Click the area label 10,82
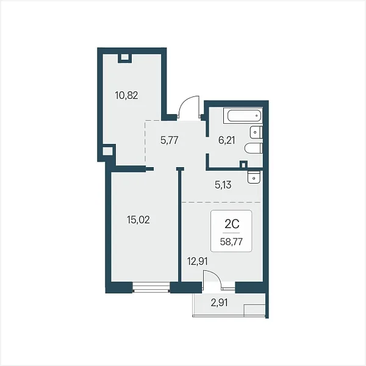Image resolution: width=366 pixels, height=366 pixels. [x=126, y=96]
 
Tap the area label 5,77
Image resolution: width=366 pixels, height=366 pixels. [x=170, y=140]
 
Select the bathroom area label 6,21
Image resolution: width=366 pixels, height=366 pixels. [x=227, y=140]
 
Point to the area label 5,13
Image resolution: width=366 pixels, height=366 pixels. [x=223, y=185]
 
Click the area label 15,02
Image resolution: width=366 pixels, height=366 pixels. [x=138, y=220]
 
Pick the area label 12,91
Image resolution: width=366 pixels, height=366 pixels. [x=198, y=262]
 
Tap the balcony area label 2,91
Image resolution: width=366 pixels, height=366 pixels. [x=219, y=303]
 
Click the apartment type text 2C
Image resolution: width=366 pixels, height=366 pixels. [x=232, y=224]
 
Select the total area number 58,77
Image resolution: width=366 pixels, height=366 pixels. [x=231, y=242]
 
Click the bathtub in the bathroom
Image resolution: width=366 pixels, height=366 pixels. [x=243, y=115]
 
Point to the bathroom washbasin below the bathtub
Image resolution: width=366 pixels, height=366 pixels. [x=256, y=132]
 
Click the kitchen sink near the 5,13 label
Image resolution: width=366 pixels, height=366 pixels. [x=254, y=178]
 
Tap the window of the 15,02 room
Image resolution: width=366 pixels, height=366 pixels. [x=151, y=287]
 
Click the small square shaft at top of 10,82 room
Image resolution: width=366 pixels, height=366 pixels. [x=125, y=57]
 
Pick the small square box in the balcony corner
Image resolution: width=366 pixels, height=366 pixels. [x=254, y=310]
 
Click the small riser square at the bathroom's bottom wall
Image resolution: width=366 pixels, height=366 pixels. [x=243, y=165]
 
